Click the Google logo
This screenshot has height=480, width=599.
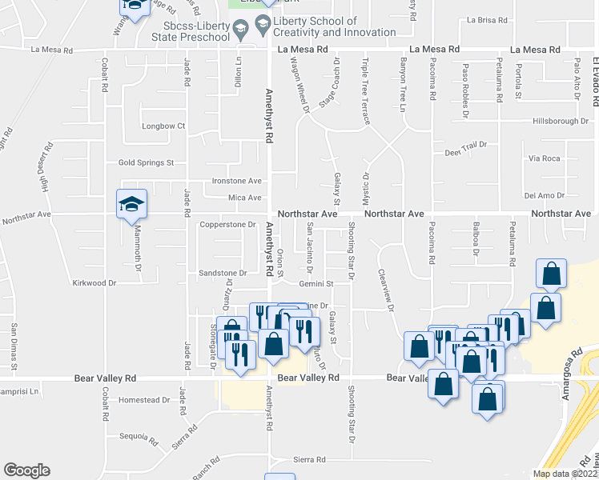click(26, 470)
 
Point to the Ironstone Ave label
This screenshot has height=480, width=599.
click(236, 181)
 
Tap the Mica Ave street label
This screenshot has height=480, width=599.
click(244, 198)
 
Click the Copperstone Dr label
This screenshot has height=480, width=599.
click(227, 225)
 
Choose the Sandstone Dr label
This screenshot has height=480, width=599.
click(227, 274)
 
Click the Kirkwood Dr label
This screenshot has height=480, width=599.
click(94, 283)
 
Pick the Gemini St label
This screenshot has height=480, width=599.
click(318, 283)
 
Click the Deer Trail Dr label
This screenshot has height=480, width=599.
click(466, 152)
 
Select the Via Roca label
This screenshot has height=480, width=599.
click(545, 158)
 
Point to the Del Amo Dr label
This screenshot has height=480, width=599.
click(545, 195)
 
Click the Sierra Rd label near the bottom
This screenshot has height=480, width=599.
click(310, 460)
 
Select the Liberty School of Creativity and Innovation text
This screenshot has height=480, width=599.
click(334, 26)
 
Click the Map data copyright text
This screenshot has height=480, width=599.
click(564, 474)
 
